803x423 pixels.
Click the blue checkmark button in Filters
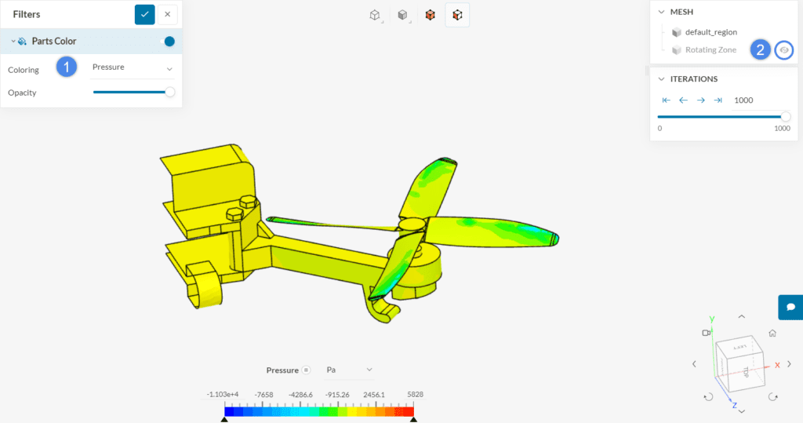(x=145, y=14)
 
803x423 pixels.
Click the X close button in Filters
(x=168, y=14)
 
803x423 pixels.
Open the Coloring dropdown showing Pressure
(x=133, y=67)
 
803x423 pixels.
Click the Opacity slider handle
(x=169, y=93)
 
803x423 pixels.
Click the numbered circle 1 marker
(x=67, y=67)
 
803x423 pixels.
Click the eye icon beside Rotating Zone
(x=783, y=50)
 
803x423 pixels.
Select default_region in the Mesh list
(x=710, y=32)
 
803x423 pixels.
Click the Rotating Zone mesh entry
(x=710, y=50)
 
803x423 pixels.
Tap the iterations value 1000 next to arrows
(x=743, y=100)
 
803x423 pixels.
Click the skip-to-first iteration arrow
(x=666, y=100)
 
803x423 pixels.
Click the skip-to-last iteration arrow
(x=718, y=100)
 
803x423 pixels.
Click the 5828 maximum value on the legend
(x=414, y=395)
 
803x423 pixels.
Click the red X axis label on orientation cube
(x=777, y=365)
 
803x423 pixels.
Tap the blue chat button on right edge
(x=790, y=307)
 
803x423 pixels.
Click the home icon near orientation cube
(x=772, y=333)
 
